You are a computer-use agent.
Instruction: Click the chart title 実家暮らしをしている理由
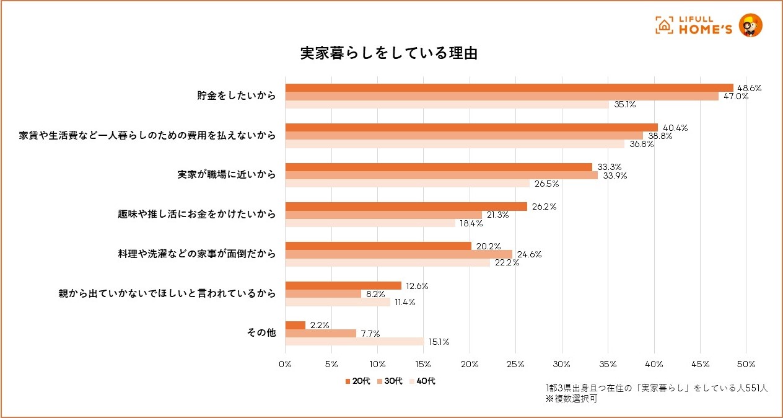[388, 53]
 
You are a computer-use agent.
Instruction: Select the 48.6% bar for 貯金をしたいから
[509, 88]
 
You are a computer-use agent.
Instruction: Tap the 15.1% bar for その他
[355, 341]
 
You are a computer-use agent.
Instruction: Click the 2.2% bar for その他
[295, 326]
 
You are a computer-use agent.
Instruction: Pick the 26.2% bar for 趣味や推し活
[406, 207]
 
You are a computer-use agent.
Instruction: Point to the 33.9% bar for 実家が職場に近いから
[442, 175]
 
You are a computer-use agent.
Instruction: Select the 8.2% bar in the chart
[323, 294]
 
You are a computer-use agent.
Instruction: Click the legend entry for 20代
[358, 381]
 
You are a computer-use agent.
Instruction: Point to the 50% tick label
[746, 363]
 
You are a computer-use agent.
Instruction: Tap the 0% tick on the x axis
[285, 363]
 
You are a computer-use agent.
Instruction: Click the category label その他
[261, 333]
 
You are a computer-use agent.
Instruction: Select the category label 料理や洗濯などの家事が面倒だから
[197, 254]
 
